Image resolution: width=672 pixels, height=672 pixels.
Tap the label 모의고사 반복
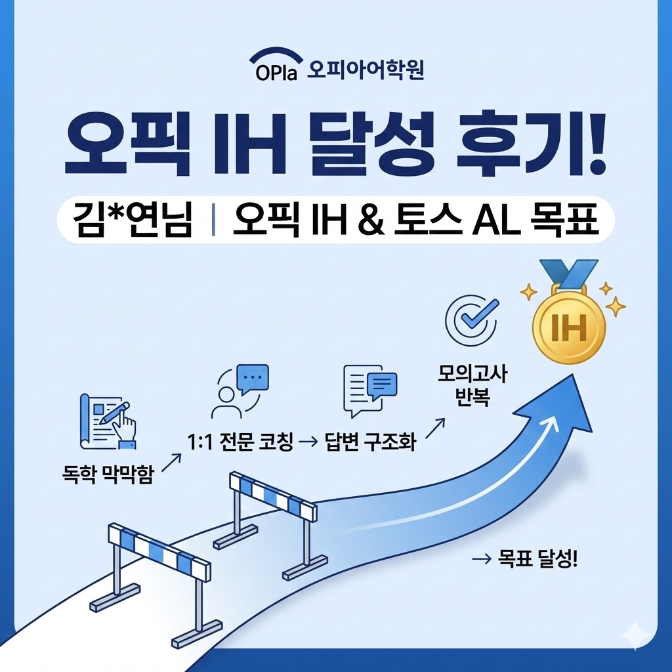tap(473, 387)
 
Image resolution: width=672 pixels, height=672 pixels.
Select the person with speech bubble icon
tap(240, 392)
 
